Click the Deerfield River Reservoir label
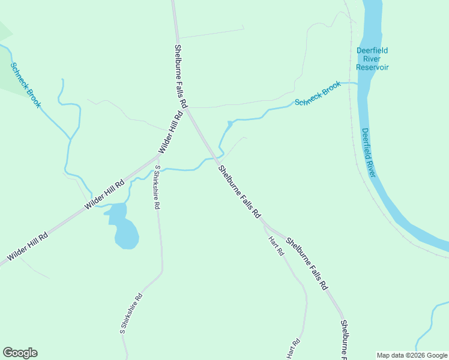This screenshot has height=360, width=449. pos(372,59)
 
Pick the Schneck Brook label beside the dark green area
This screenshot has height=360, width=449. pos(26,85)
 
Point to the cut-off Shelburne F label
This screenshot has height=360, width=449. pos(344,338)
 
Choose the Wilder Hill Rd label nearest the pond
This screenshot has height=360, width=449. pos(104,195)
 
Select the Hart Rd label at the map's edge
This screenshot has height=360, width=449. pos(292,349)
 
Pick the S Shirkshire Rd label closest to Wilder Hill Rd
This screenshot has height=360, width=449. pos(157,187)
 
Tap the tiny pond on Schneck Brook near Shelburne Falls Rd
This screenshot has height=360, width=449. pos(229,124)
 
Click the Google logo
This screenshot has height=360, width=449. pos(20,353)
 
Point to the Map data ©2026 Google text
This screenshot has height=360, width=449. pos(412,355)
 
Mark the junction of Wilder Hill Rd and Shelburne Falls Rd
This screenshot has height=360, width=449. pos(186,109)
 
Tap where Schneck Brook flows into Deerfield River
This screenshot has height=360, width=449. pos(358,83)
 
